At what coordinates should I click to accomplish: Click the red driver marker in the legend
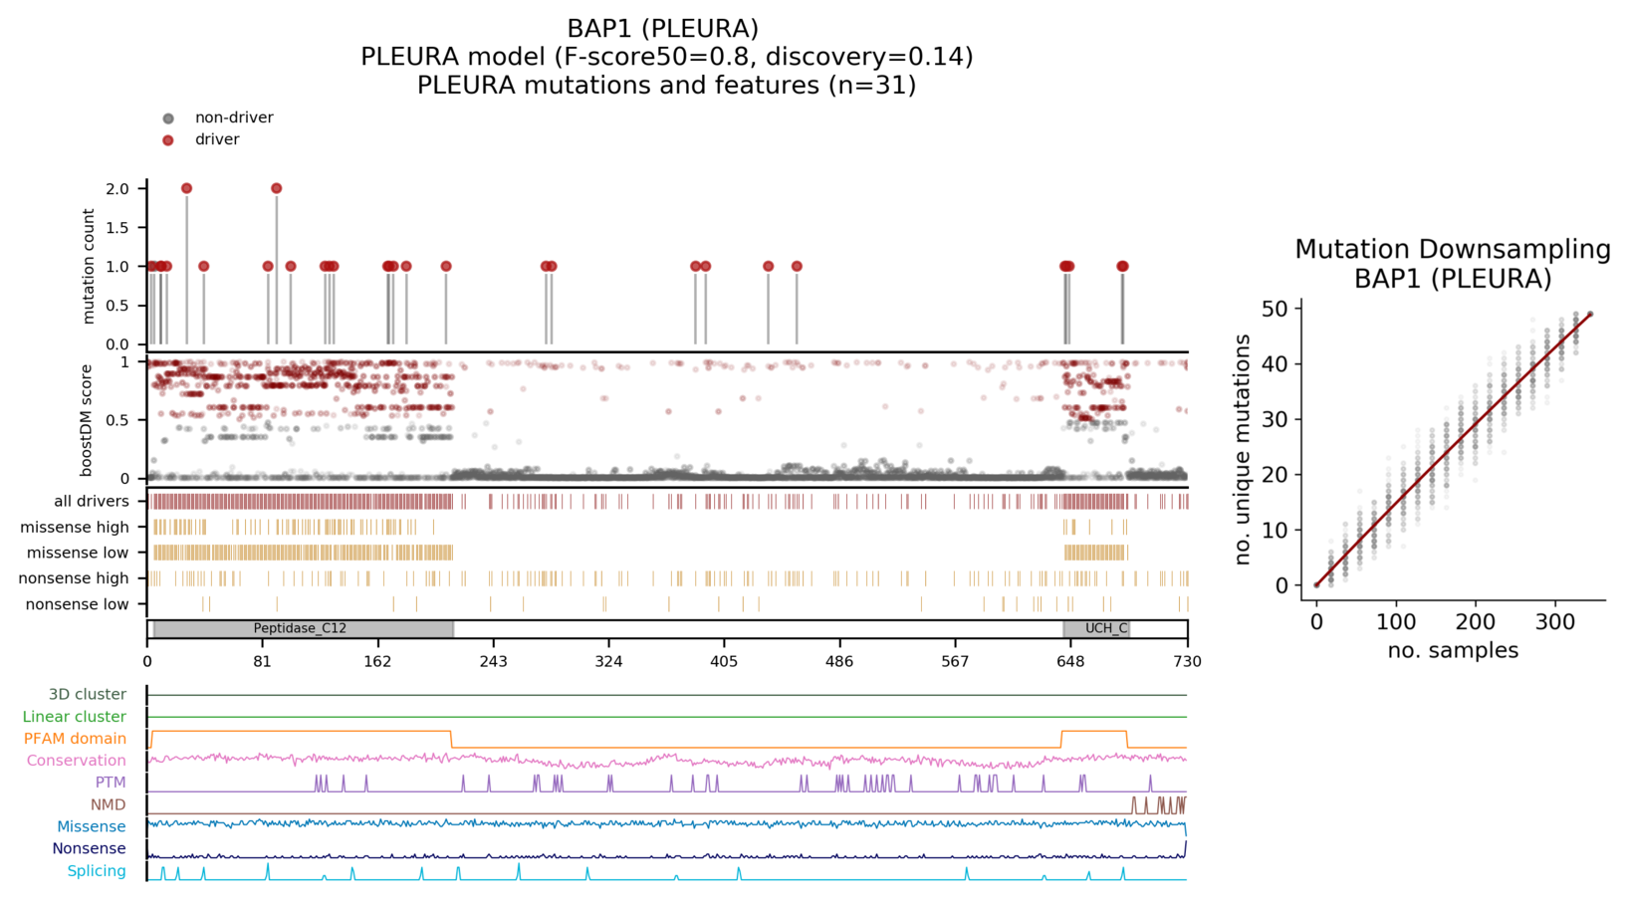[x=168, y=140]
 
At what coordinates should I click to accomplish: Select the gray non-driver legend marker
[x=168, y=118]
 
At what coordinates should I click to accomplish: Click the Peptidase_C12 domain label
[x=300, y=629]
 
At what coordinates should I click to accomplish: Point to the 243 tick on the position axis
[x=493, y=662]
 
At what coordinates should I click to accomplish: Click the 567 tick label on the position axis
[x=955, y=662]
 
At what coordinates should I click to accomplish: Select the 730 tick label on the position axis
[x=1187, y=662]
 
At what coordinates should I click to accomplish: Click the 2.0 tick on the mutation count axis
[x=117, y=189]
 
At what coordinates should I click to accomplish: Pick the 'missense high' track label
[x=75, y=528]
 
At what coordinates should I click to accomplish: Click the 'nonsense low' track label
[x=78, y=604]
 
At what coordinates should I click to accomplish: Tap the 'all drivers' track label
[x=92, y=502]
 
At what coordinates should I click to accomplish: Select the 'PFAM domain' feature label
[x=75, y=739]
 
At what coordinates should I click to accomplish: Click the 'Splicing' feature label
[x=97, y=871]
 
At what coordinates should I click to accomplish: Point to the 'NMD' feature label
[x=109, y=804]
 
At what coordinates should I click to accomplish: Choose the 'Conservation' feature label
[x=77, y=761]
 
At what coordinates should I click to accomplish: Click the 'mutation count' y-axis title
[x=89, y=266]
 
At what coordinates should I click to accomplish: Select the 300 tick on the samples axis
[x=1555, y=623]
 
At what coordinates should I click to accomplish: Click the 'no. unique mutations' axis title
[x=1243, y=450]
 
